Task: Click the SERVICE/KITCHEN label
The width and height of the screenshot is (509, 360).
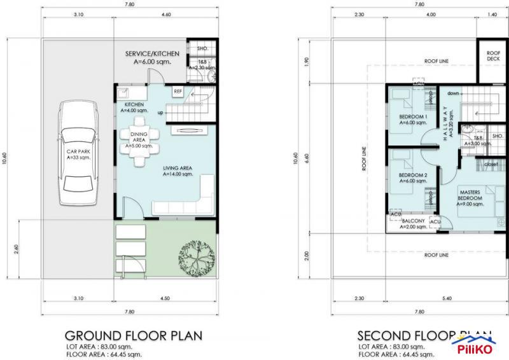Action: tap(152, 54)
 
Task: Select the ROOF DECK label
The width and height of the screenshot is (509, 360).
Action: tap(493, 56)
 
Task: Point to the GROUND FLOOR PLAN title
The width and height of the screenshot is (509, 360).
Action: tap(134, 335)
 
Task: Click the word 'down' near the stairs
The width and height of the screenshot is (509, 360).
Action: tap(453, 93)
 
